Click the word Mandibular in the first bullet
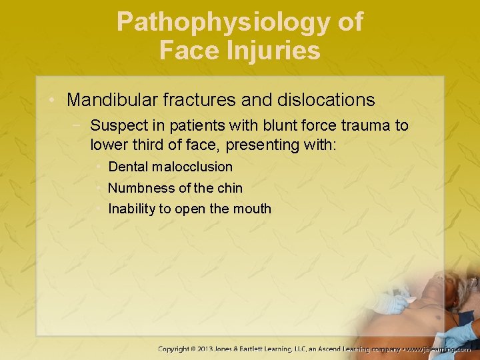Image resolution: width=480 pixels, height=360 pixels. (108, 100)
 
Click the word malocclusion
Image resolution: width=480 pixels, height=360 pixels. (193, 167)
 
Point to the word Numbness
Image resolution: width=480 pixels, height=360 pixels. (137, 188)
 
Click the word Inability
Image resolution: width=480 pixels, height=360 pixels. (131, 209)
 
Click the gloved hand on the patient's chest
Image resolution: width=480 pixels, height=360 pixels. (393, 303)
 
